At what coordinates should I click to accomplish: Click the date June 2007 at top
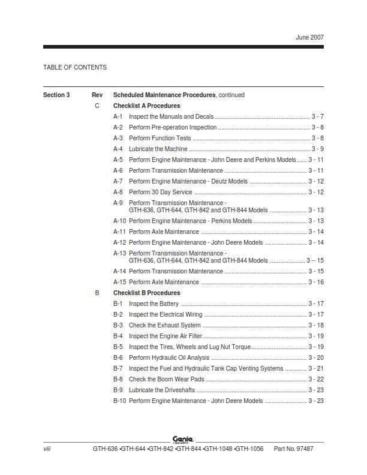[309, 37]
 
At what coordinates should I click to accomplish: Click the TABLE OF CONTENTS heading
[75, 67]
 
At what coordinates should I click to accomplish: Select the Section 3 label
[56, 95]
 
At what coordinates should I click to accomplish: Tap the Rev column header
[97, 95]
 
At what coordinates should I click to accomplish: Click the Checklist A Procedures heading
[146, 106]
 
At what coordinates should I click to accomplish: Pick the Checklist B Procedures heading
[146, 293]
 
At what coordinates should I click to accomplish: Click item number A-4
[118, 149]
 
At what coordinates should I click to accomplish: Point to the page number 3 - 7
[317, 116]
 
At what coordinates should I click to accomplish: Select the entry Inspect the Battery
[154, 303]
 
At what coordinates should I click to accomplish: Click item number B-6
[118, 357]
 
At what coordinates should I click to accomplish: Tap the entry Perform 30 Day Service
[161, 192]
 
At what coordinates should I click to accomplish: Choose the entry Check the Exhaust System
[165, 325]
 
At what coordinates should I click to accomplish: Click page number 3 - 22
[316, 379]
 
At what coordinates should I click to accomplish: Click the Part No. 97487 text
[293, 449]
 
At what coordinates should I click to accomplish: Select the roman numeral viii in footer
[47, 449]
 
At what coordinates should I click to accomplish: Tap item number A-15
[119, 282]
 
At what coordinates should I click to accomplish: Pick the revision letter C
[97, 106]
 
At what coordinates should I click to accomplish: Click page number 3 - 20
[316, 357]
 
